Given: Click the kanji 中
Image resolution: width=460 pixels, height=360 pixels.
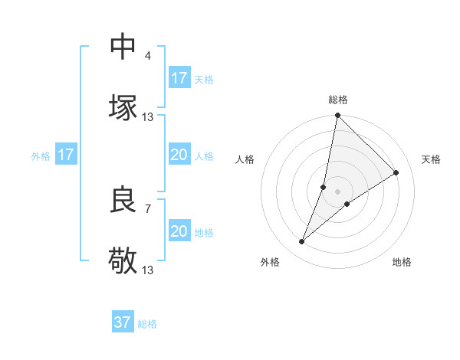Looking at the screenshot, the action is (x=123, y=47).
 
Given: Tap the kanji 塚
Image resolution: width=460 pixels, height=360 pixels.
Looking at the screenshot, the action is (x=123, y=107).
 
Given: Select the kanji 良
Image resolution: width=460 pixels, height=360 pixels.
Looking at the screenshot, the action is (x=123, y=200).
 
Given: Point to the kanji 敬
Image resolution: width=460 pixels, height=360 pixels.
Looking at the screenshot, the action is (x=123, y=260).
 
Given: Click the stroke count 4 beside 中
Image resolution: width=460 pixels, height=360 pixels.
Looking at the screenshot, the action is (x=148, y=56).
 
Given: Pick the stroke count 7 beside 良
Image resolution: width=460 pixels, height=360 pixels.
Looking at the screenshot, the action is (x=148, y=208).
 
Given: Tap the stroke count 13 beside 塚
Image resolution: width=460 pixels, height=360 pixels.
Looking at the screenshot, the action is (x=148, y=116).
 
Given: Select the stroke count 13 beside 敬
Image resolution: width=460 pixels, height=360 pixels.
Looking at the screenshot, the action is (x=148, y=270).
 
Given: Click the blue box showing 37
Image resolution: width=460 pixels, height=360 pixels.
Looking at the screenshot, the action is (x=122, y=322).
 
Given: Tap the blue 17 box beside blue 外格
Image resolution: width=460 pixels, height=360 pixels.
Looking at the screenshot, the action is (x=66, y=155).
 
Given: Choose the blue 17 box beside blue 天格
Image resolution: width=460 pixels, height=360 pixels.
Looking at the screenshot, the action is (x=179, y=78).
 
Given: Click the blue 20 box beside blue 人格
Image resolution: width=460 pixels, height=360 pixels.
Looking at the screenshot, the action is (x=179, y=155).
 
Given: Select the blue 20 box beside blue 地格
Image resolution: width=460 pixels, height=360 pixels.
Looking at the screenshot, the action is (x=179, y=231).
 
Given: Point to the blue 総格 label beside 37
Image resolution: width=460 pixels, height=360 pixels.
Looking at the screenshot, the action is (x=147, y=324).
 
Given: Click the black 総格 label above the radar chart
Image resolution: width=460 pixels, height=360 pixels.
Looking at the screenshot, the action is (x=338, y=100).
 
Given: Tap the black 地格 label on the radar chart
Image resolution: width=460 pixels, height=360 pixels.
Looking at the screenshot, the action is (x=402, y=262).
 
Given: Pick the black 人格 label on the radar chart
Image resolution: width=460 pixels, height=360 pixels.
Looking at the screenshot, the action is (x=245, y=159).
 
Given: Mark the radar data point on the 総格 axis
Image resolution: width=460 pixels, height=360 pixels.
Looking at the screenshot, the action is (x=337, y=116).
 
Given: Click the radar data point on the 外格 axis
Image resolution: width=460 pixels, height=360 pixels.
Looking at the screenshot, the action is (x=302, y=242).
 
